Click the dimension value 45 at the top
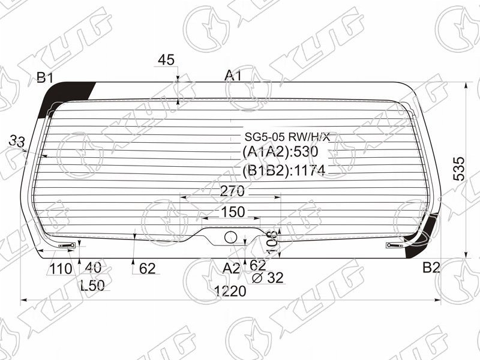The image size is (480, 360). [166, 59]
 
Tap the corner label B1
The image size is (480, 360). [45, 78]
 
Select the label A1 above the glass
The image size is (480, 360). [233, 76]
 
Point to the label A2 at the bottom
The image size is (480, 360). [231, 268]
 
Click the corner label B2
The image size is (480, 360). [431, 268]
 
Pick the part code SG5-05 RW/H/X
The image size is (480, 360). [287, 137]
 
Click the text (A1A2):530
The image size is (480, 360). [280, 152]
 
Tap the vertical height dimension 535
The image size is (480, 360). [458, 169]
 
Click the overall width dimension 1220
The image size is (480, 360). [230, 291]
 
